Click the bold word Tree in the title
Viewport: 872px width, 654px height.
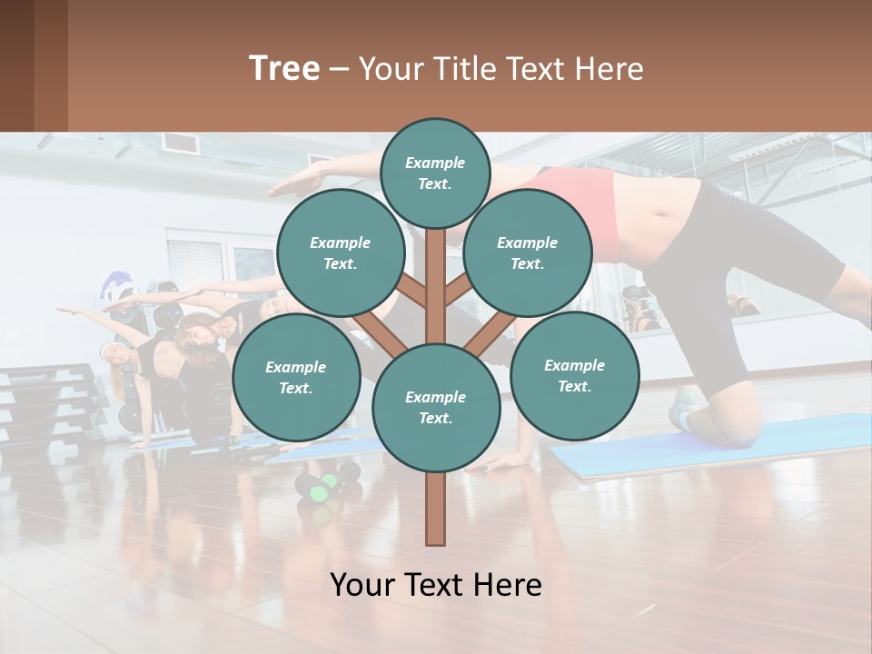(x=284, y=68)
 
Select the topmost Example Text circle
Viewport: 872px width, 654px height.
(x=435, y=173)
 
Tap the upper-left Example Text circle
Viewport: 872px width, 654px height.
(x=340, y=253)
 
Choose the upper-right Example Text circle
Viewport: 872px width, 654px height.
(x=527, y=253)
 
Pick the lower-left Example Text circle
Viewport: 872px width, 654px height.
(x=295, y=378)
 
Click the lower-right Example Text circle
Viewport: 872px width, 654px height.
(x=574, y=375)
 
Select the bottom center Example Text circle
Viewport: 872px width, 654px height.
(x=435, y=408)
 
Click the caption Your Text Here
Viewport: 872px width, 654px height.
(x=435, y=585)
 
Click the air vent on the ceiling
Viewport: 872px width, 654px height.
(x=180, y=143)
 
